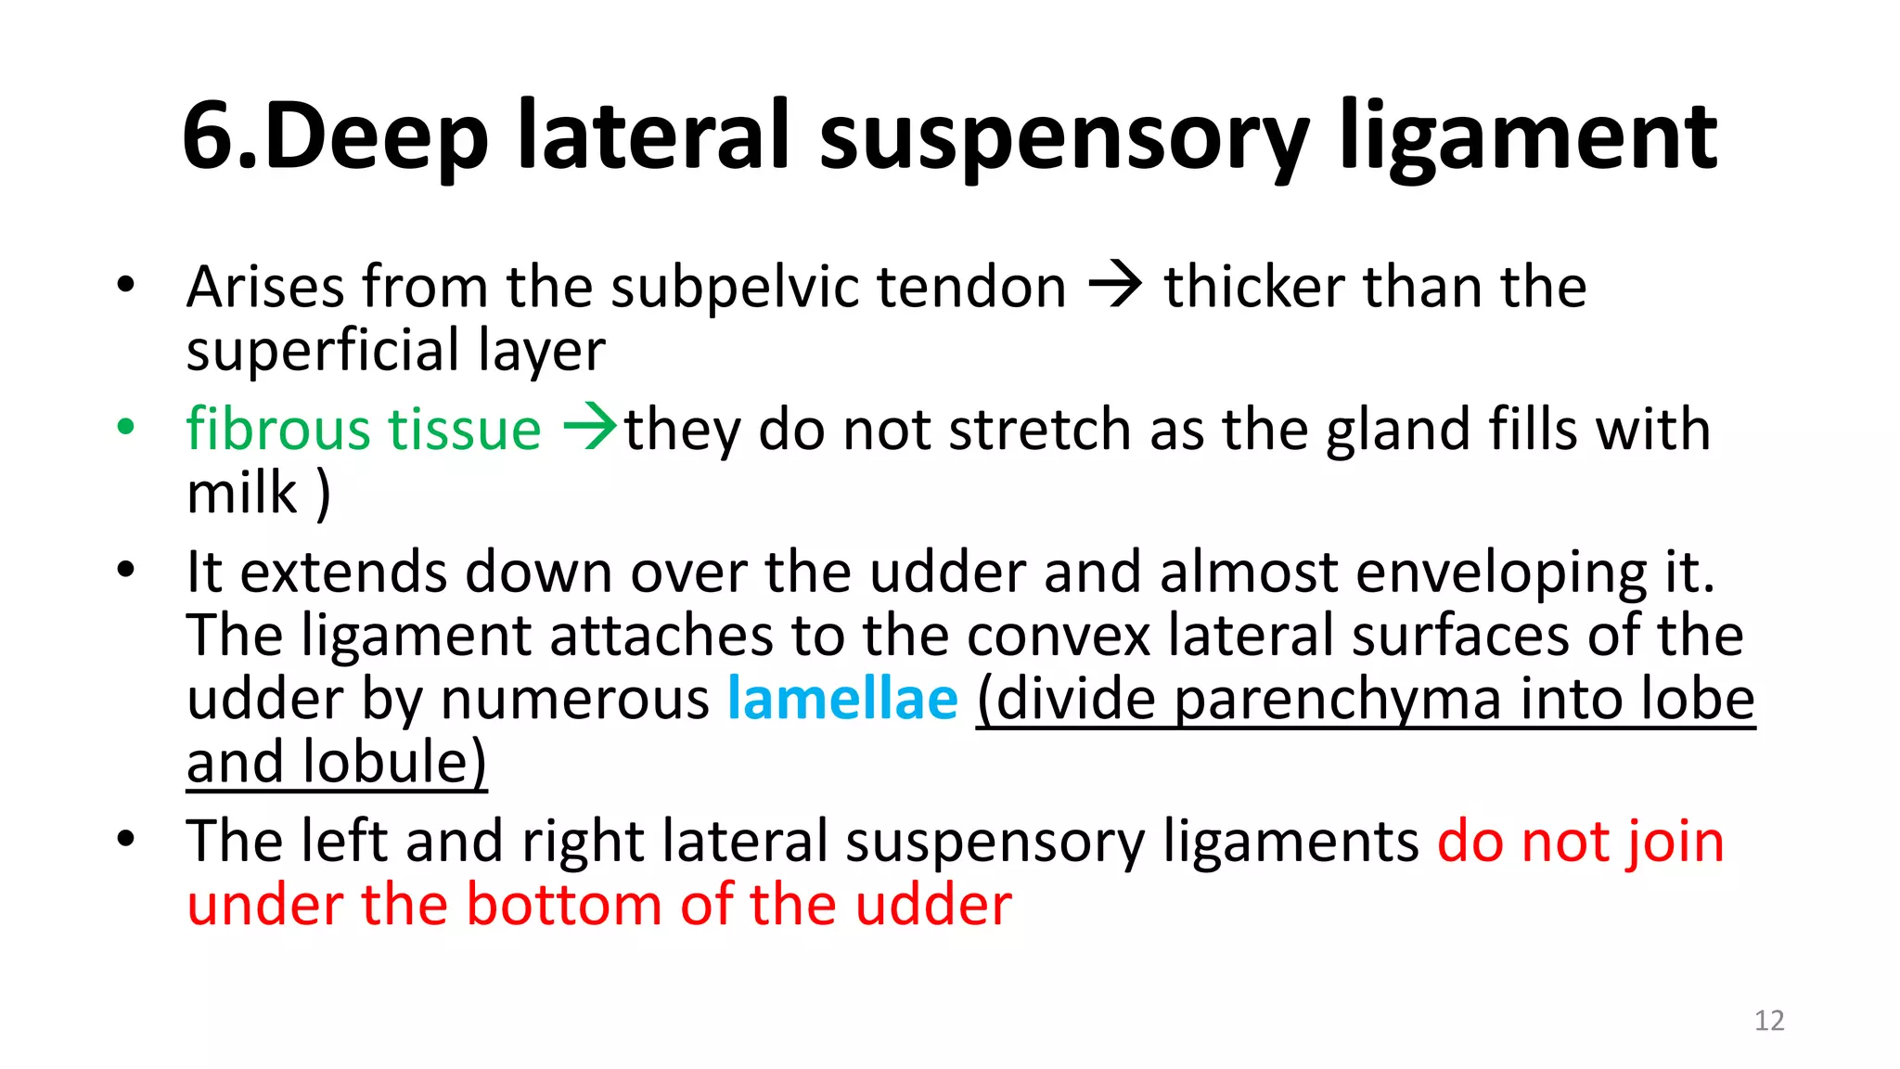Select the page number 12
[1769, 1021]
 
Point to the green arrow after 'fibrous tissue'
[590, 428]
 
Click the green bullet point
[126, 428]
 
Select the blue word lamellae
[842, 699]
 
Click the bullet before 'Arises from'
[126, 285]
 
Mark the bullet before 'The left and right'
[126, 840]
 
